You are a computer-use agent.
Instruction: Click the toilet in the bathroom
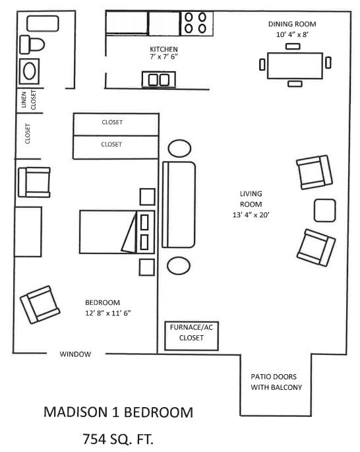coord(32,45)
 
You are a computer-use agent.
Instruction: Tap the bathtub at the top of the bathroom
coord(43,24)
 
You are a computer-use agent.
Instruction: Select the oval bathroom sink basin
coord(30,71)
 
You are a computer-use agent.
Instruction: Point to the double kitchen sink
coord(159,80)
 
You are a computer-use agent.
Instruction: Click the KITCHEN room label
coord(164,49)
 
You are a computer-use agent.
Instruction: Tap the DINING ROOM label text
coord(292,24)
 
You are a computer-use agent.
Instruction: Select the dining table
coord(295,66)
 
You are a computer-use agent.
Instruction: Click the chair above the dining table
coord(293,46)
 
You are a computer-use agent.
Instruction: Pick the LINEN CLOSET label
coord(29,100)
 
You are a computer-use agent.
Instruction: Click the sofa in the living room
coord(179,205)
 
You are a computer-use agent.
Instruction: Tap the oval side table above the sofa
coord(179,148)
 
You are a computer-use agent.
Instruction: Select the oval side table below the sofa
coord(179,266)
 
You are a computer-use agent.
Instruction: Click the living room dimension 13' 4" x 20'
coord(251,215)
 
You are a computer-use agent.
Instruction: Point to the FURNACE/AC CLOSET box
coord(191,336)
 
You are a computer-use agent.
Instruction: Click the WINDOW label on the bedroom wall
coord(75,354)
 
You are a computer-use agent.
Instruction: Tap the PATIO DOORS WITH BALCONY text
coord(276,382)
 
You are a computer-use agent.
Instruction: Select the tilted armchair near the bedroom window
coord(40,305)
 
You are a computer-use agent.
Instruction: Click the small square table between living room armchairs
coord(325,210)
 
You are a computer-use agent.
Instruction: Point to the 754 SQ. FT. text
coord(118,439)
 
